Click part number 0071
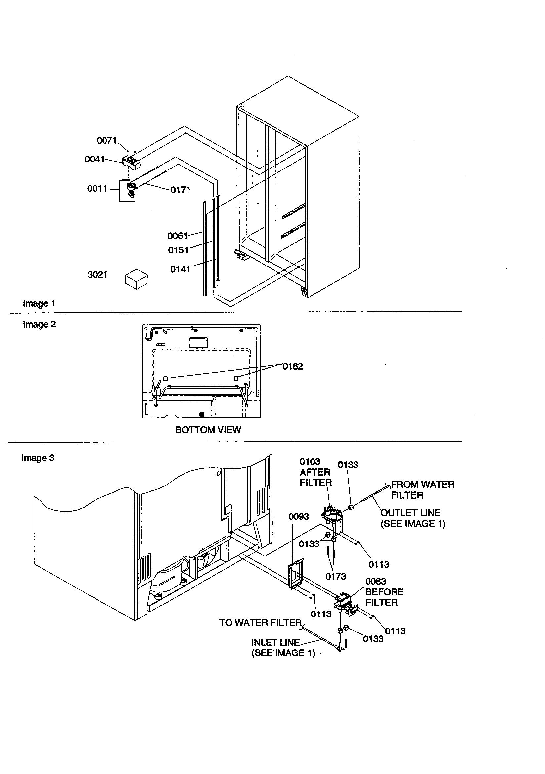coord(106,141)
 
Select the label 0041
coord(94,159)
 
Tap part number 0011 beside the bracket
coord(97,189)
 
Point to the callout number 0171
coord(181,190)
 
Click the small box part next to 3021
coord(137,279)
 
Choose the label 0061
coord(178,236)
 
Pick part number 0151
coord(178,250)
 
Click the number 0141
coord(180,269)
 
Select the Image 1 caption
coord(39,303)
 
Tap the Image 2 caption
coord(39,325)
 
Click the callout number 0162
coord(292,366)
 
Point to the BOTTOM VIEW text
coord(208,430)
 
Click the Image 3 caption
coord(38,458)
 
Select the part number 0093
coord(298,517)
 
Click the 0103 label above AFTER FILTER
coord(310,462)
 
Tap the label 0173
coord(335,577)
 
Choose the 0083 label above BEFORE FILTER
coord(376,582)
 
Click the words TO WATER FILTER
coord(260,623)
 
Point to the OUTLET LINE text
coord(410,513)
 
